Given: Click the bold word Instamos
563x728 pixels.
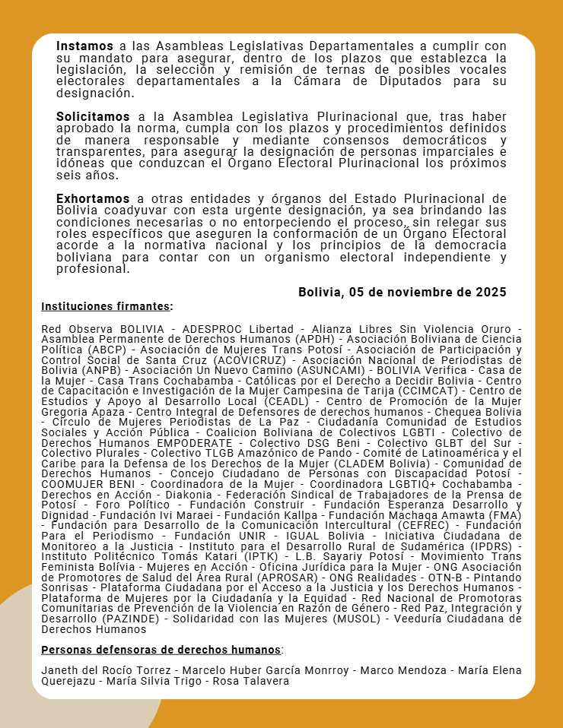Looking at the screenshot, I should [84, 46].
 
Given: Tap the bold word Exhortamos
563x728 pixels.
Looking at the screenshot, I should [92, 199].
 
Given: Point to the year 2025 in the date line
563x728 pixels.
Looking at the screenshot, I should [491, 293].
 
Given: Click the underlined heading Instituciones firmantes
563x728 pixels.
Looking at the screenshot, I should [106, 306].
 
